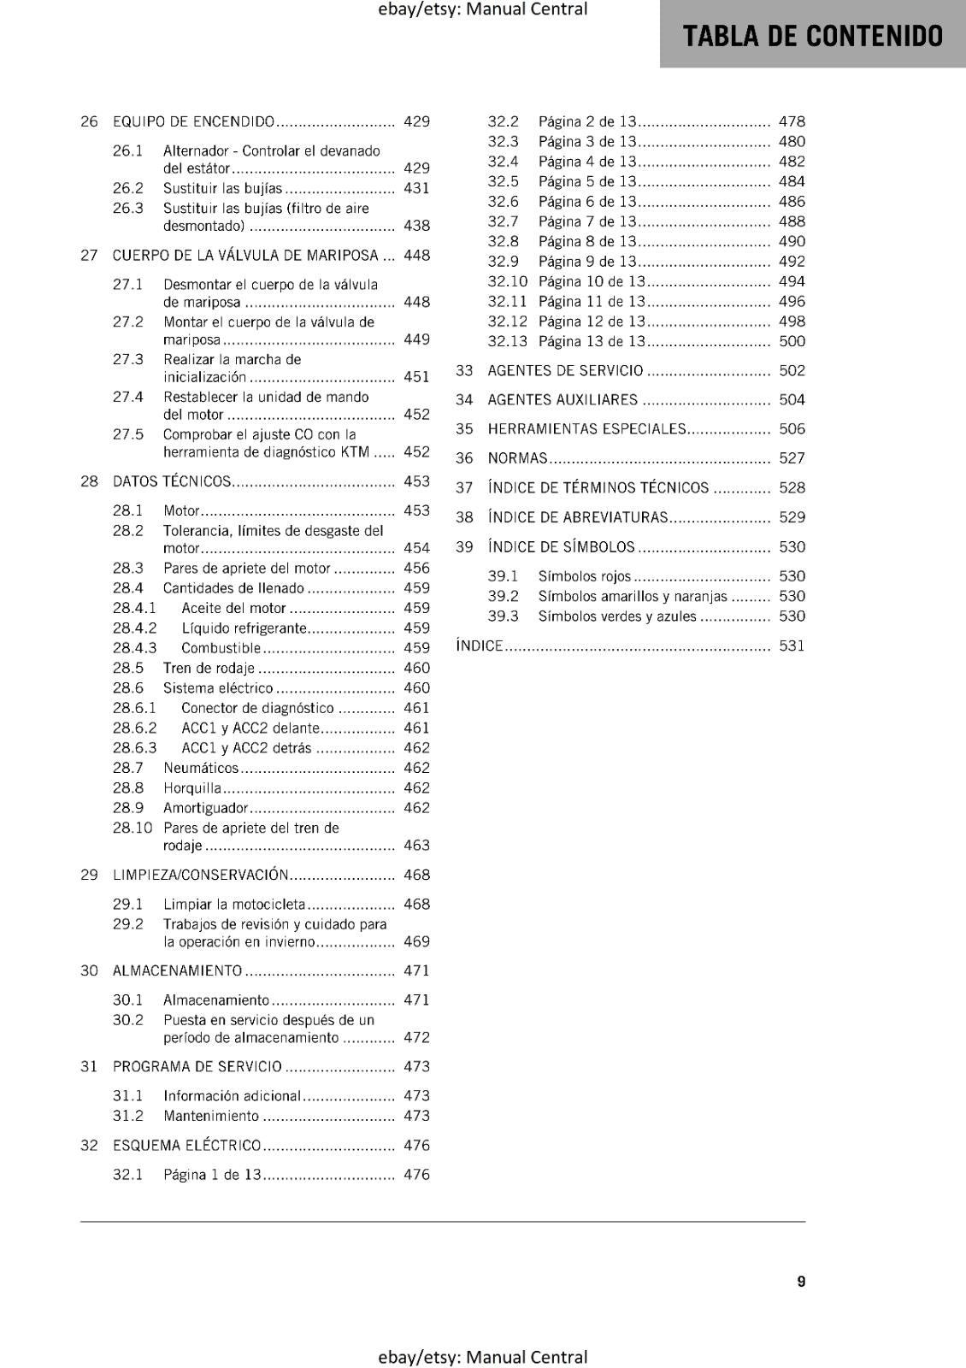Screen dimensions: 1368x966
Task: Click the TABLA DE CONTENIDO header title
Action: [x=812, y=36]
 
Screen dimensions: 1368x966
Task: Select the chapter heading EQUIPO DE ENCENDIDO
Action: [x=194, y=121]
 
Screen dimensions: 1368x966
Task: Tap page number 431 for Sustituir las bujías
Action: [x=416, y=188]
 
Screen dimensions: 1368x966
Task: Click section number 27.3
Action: [x=128, y=359]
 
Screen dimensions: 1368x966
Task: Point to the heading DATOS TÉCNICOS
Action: [x=172, y=481]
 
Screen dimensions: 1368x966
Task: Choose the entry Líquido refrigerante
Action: [x=244, y=628]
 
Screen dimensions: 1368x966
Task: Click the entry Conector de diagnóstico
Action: [x=257, y=708]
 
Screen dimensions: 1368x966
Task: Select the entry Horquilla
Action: [x=192, y=788]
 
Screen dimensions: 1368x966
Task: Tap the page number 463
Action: [x=416, y=846]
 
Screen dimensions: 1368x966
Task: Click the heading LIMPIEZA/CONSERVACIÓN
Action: [x=201, y=875]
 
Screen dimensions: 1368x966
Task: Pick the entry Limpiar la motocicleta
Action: [x=234, y=904]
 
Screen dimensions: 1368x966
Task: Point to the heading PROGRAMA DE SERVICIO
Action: [x=197, y=1066]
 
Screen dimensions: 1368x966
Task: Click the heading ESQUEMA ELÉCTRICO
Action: [x=187, y=1145]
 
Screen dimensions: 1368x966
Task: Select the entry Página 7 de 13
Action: [x=587, y=221]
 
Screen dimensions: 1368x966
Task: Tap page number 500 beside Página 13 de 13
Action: [x=792, y=341]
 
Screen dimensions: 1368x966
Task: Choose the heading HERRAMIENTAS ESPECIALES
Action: [x=586, y=429]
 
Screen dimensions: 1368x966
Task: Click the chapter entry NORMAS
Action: [x=517, y=458]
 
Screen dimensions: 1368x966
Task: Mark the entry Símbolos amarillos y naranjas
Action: [x=633, y=597]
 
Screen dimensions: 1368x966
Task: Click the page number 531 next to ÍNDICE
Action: [x=792, y=646]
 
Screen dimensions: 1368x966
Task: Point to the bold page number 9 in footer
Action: [x=801, y=1282]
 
